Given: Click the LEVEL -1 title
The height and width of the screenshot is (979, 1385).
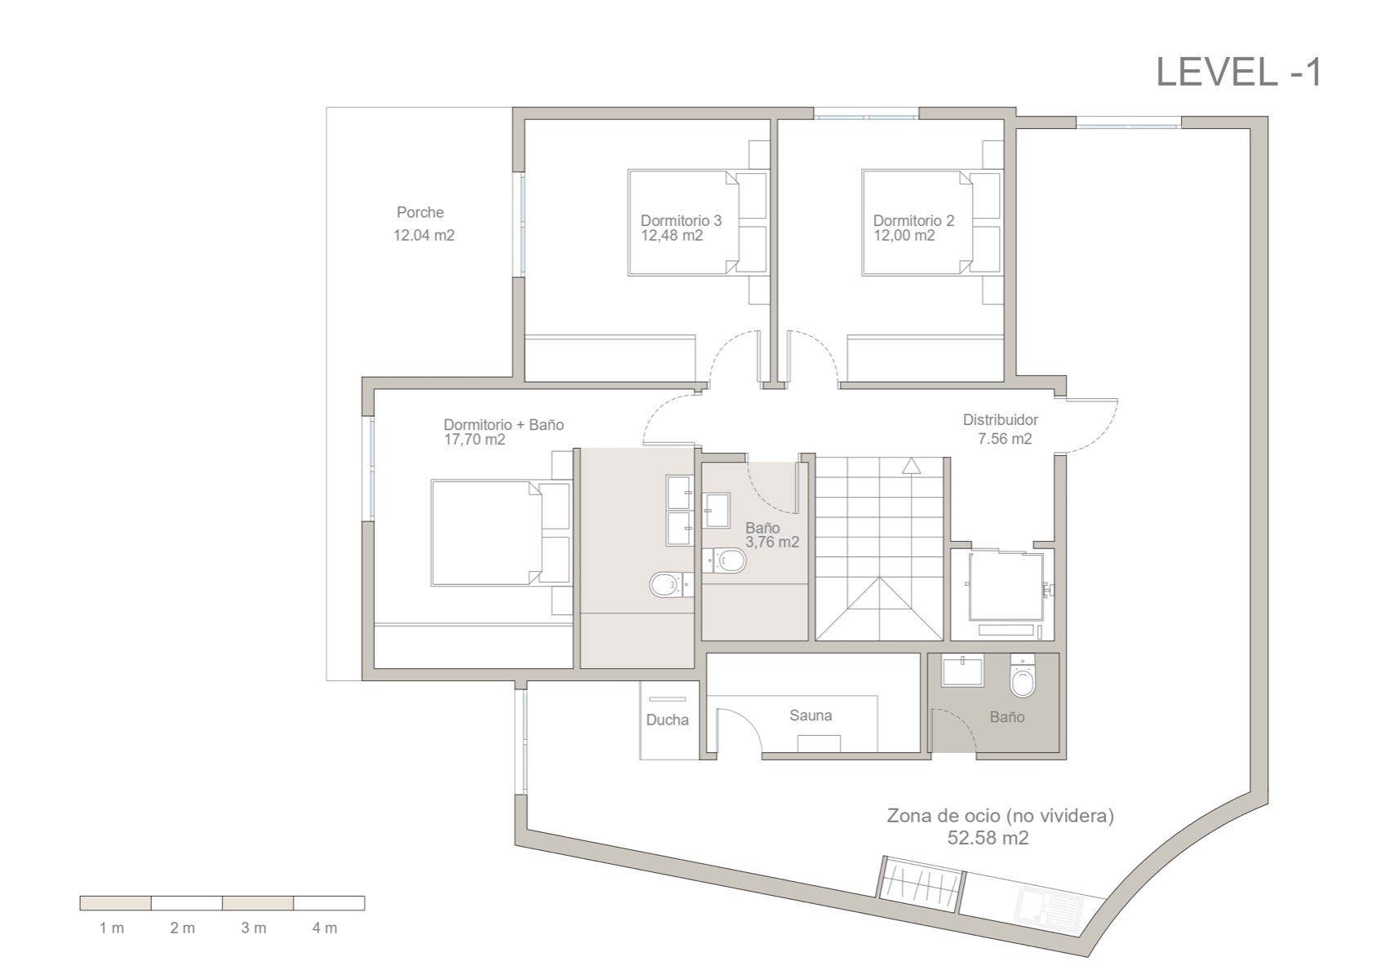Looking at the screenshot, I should (1238, 72).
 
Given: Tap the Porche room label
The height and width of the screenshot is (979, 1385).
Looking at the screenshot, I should (420, 212).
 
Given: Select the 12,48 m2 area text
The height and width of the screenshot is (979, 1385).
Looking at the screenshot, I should (672, 236).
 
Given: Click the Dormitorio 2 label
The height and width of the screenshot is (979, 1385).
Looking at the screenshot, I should (913, 220).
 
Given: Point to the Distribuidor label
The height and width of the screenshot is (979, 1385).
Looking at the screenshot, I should (1000, 419).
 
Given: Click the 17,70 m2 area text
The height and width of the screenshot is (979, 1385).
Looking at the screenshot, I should (474, 440).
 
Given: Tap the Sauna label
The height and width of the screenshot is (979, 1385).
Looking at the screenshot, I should (810, 715).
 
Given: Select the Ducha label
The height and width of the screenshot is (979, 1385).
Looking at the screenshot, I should (667, 720).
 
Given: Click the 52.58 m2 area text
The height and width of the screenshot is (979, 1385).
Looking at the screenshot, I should (988, 838).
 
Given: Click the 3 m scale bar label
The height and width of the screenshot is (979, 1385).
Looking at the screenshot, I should (253, 928).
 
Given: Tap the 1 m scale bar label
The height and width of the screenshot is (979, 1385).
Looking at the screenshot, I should (112, 928).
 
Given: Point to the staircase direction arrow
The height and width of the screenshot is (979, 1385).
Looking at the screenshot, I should (911, 466).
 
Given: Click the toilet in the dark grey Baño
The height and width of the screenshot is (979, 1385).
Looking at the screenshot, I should (1022, 676).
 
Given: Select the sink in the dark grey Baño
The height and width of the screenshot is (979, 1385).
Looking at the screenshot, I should (963, 671).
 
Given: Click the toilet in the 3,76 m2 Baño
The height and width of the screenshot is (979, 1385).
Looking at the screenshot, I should (729, 560).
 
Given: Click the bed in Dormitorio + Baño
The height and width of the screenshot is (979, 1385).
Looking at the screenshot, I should (486, 533).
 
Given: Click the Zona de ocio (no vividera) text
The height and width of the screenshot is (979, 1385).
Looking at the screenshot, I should (1000, 815).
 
